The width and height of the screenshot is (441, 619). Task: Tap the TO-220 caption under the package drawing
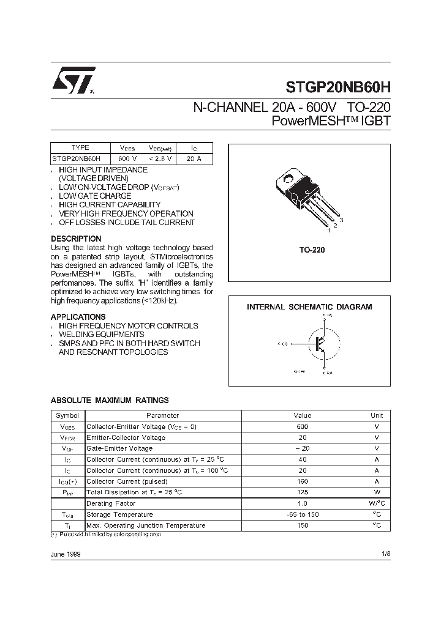coord(312,250)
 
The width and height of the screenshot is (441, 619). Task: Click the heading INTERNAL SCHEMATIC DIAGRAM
coord(309,307)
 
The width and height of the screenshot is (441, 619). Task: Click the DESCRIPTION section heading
coord(76,239)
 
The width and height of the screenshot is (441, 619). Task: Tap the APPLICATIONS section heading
coord(78,317)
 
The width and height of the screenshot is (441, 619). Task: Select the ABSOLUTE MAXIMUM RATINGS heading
coord(109,400)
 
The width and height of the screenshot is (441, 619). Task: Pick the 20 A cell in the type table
coord(194,158)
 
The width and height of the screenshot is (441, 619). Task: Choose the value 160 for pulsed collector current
coord(302,481)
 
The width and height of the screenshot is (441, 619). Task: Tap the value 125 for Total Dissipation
coord(302,492)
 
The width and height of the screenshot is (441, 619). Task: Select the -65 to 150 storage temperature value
coord(302,514)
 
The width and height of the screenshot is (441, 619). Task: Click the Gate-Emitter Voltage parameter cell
coord(119,448)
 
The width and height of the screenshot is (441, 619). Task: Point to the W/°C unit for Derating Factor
coord(377,503)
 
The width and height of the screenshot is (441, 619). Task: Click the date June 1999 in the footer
coord(65,554)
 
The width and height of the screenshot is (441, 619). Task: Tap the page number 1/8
coord(385,554)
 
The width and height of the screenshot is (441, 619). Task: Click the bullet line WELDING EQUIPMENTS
coord(101,335)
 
